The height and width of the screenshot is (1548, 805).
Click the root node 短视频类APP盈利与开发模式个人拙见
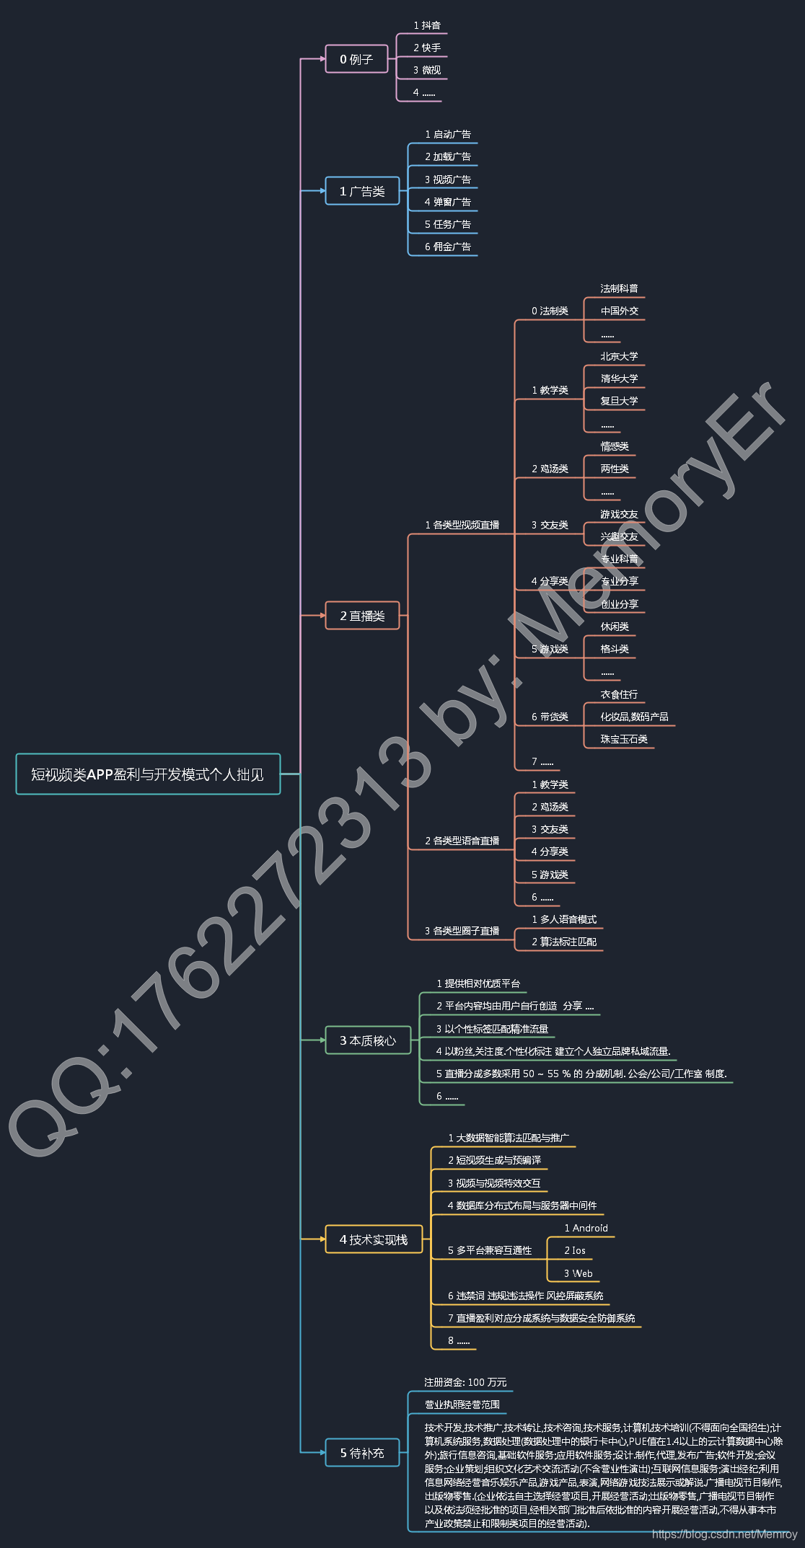(x=148, y=774)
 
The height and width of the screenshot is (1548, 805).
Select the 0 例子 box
(x=356, y=59)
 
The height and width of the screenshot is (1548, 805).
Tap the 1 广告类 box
(x=362, y=191)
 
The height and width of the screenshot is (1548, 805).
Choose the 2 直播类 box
(x=362, y=616)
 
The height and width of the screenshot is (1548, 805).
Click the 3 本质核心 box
(x=368, y=1040)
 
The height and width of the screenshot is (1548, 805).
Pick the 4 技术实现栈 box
(x=374, y=1239)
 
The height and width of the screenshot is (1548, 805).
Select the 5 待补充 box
(x=362, y=1453)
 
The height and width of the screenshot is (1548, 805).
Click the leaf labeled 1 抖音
(x=427, y=26)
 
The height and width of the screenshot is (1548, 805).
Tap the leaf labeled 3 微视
(x=427, y=71)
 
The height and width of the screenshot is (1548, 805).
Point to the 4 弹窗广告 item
(x=448, y=202)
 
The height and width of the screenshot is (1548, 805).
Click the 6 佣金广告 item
(x=448, y=247)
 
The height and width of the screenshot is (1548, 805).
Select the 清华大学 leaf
(x=619, y=379)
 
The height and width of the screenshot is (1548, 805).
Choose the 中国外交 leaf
(x=619, y=311)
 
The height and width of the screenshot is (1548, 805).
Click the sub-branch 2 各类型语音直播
(x=462, y=841)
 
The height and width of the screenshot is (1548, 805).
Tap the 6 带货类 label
(x=550, y=717)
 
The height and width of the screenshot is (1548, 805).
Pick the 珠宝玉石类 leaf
(x=624, y=739)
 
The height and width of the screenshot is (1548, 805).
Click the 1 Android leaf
(x=586, y=1228)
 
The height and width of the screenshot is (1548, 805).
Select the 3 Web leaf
(x=579, y=1273)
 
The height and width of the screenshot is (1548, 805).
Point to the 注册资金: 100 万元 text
(x=465, y=1382)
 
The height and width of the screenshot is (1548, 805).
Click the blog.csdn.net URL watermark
(x=724, y=1534)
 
